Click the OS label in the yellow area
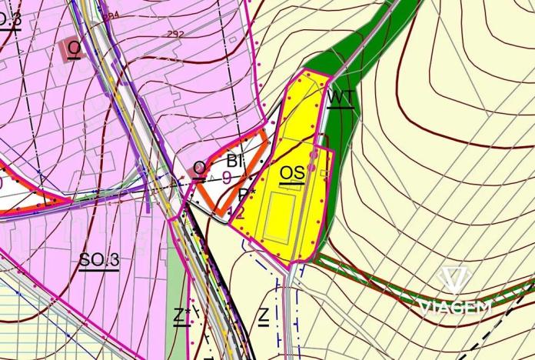click(x=291, y=173)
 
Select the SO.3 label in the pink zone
click(x=99, y=260)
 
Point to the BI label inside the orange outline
click(x=235, y=162)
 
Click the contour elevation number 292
click(x=176, y=34)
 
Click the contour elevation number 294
click(x=111, y=15)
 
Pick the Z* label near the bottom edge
click(x=181, y=315)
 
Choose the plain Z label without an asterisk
click(x=264, y=315)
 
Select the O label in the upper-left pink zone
click(x=74, y=48)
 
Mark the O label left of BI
click(x=199, y=168)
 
